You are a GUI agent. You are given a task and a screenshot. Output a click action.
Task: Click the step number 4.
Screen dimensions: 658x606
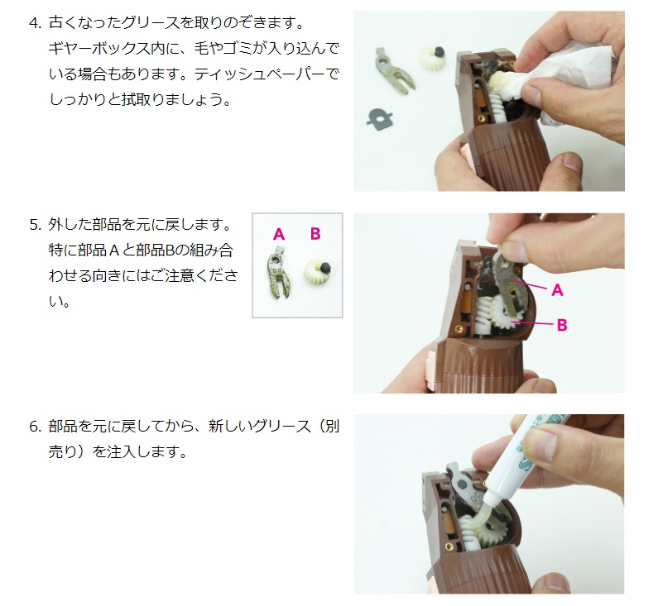35,23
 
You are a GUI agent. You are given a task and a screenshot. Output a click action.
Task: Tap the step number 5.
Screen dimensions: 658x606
35,225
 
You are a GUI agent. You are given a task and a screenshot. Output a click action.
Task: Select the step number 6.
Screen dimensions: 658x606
35,427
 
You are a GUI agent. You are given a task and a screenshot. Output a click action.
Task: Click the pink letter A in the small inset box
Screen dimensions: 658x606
279,234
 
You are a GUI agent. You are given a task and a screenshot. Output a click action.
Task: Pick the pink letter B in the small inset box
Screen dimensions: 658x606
315,233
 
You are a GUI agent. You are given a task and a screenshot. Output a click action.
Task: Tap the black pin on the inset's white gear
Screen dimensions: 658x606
326,267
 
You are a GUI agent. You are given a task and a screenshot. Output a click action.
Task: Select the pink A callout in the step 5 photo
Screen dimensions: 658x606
557,289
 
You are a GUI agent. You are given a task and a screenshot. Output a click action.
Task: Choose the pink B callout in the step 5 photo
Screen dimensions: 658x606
562,325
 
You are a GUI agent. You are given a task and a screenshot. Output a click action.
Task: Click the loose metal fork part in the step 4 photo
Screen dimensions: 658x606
393,70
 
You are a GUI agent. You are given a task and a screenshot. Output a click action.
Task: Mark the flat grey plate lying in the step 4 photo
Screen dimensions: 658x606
380,117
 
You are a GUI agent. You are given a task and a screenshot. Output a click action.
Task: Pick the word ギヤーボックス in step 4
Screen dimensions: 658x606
99,49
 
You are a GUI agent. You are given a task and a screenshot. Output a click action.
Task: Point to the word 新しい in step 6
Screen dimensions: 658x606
229,427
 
